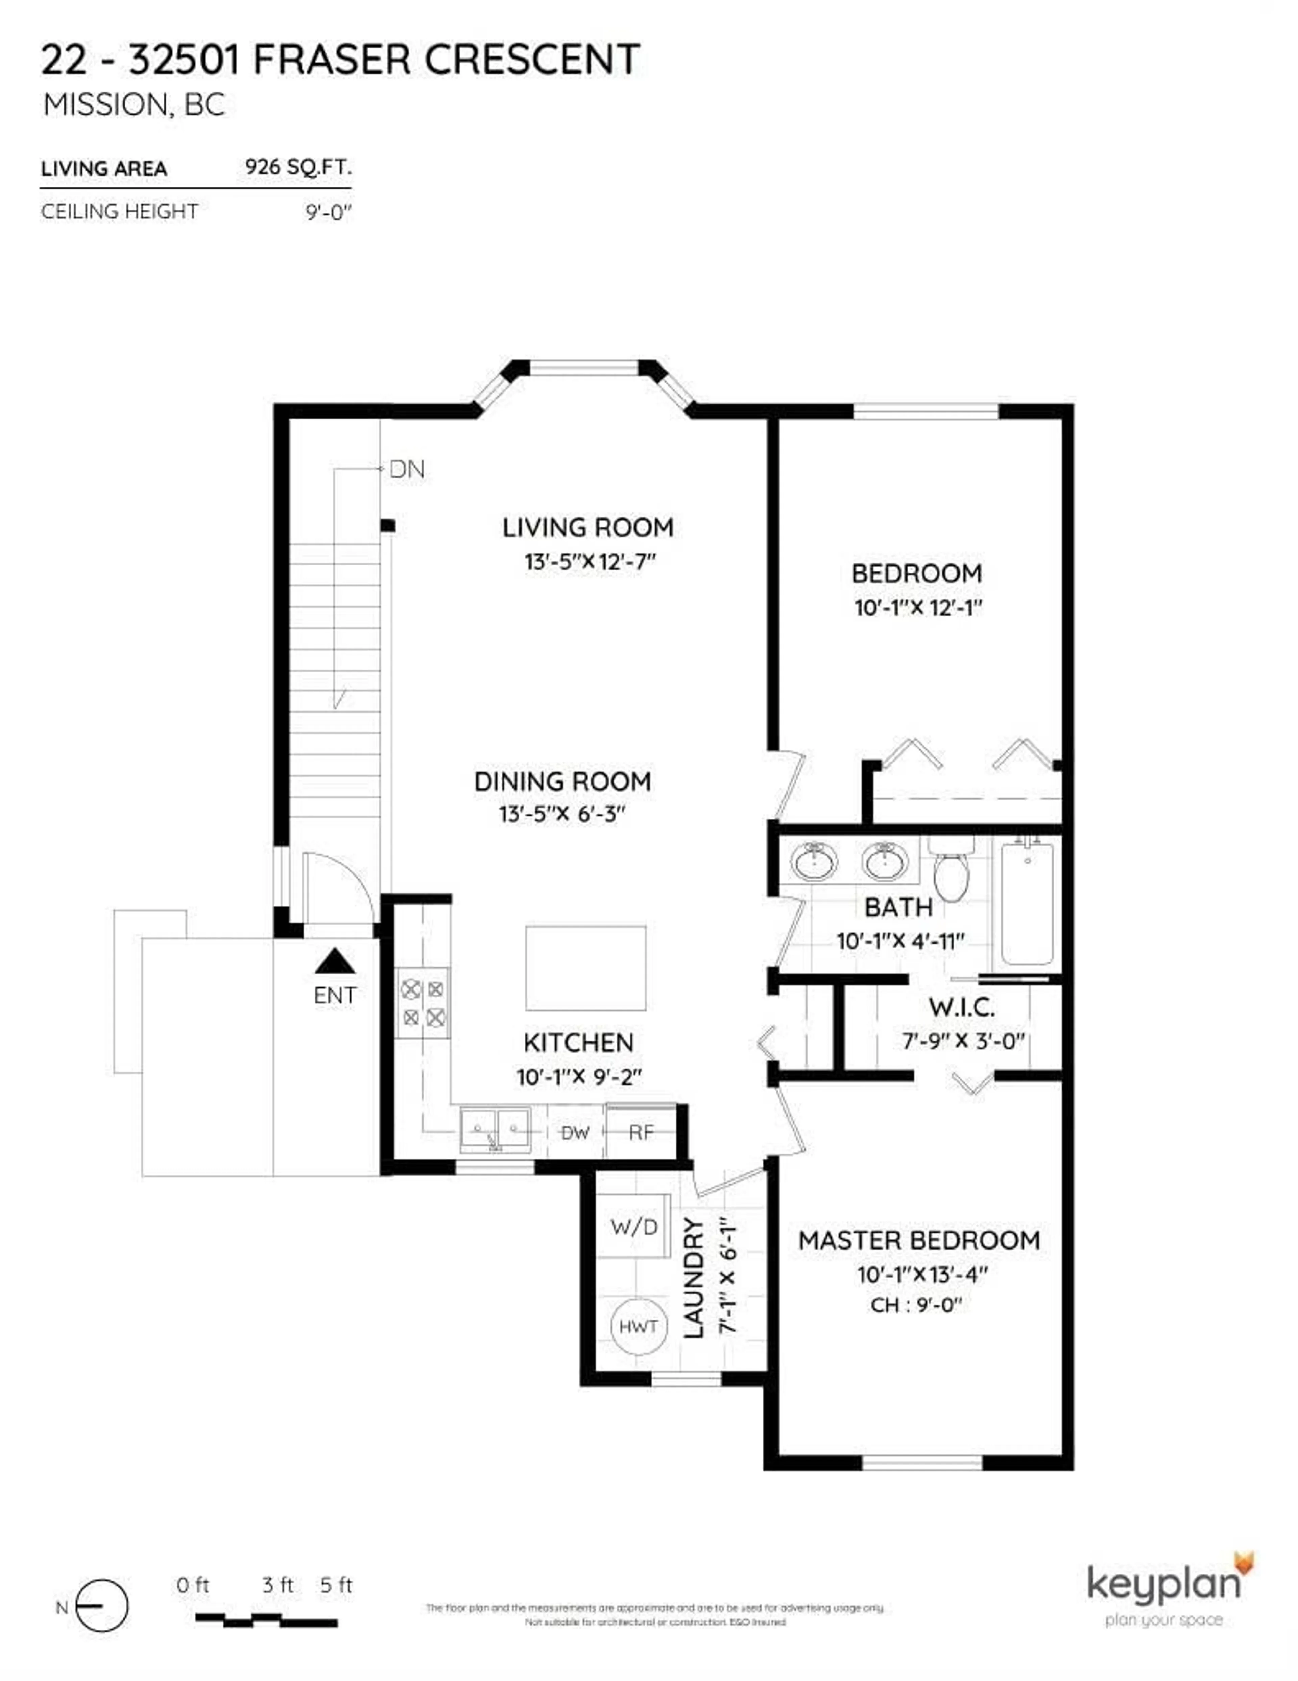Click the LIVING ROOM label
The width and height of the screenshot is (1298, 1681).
(x=588, y=528)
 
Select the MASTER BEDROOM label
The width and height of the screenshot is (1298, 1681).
(x=919, y=1241)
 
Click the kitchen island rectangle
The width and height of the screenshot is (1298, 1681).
(x=585, y=968)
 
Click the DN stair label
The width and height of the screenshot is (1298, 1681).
(x=406, y=469)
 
